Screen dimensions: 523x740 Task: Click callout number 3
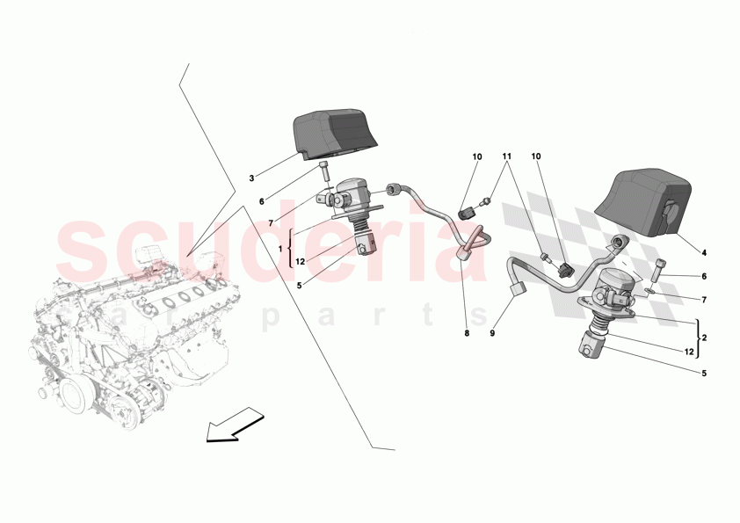[251, 178]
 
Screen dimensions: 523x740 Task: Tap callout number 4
[703, 254]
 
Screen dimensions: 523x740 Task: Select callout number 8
[468, 334]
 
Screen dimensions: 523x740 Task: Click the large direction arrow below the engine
[234, 425]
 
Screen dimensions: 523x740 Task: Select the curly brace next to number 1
[291, 249]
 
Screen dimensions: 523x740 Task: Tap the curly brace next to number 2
[698, 337]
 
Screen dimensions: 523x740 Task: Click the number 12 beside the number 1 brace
[301, 261]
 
